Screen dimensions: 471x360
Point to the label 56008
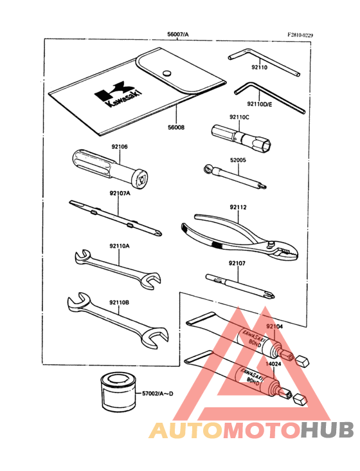(175, 127)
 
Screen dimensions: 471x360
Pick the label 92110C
(239, 117)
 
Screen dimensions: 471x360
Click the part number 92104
(275, 327)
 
